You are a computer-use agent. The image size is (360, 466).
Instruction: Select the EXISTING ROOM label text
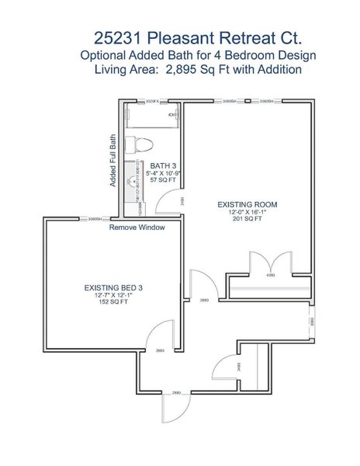coord(252,205)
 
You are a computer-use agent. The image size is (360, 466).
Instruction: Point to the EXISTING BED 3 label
coord(113,287)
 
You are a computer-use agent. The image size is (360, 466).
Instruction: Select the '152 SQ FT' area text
coord(113,302)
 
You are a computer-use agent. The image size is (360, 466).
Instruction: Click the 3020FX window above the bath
coord(152,101)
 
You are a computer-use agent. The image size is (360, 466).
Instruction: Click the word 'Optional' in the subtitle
coord(106,54)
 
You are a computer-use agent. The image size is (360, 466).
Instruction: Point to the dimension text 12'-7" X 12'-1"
coord(113,295)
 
